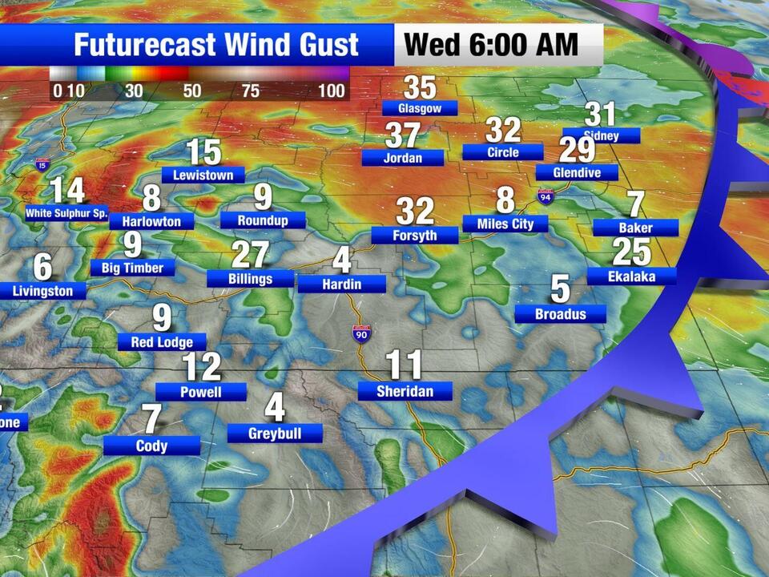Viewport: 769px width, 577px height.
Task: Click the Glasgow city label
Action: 420,107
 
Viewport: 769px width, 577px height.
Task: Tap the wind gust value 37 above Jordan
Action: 403,135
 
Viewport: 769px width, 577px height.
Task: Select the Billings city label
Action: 250,279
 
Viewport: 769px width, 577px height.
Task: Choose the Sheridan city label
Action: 405,391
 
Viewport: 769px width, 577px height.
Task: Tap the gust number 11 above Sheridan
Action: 404,365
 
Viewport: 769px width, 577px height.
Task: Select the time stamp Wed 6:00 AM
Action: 491,44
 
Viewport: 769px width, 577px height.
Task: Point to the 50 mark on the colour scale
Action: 192,91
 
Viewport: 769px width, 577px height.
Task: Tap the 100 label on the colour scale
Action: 332,91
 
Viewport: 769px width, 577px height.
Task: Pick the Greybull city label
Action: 275,434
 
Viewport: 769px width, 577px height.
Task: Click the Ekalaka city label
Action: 632,276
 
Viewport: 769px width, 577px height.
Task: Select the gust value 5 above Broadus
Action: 560,288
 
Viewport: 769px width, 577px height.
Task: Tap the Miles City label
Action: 505,224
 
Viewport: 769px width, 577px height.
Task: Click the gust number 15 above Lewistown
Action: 203,151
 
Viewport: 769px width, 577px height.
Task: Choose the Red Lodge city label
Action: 162,342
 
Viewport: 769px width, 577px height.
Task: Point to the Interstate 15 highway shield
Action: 42,166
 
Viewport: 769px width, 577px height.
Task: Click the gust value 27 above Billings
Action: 250,255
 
